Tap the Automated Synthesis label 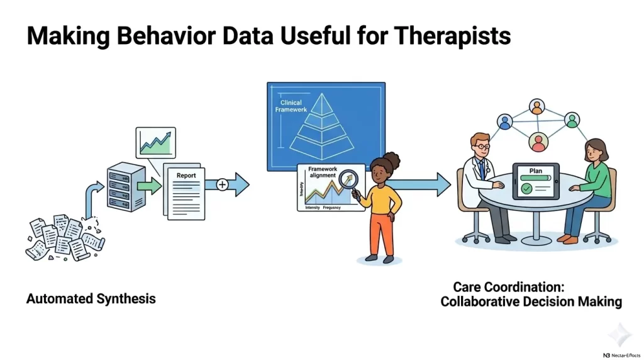point(91,298)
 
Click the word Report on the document point(186,176)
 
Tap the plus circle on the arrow point(222,184)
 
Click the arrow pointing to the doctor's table point(424,184)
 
